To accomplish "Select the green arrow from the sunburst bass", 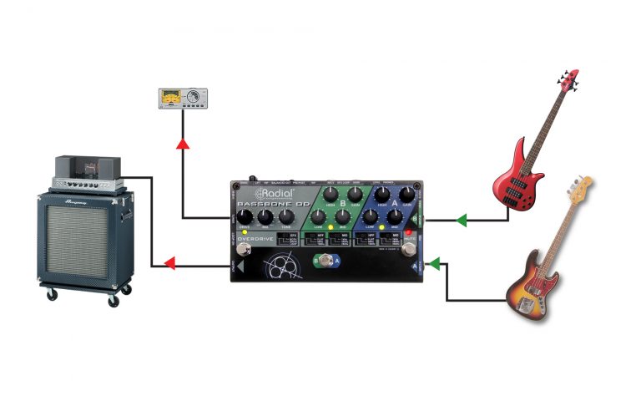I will pos(432,266).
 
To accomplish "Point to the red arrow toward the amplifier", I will pos(168,266).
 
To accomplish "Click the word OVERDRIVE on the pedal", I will pos(256,240).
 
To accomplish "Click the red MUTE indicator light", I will pos(410,233).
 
